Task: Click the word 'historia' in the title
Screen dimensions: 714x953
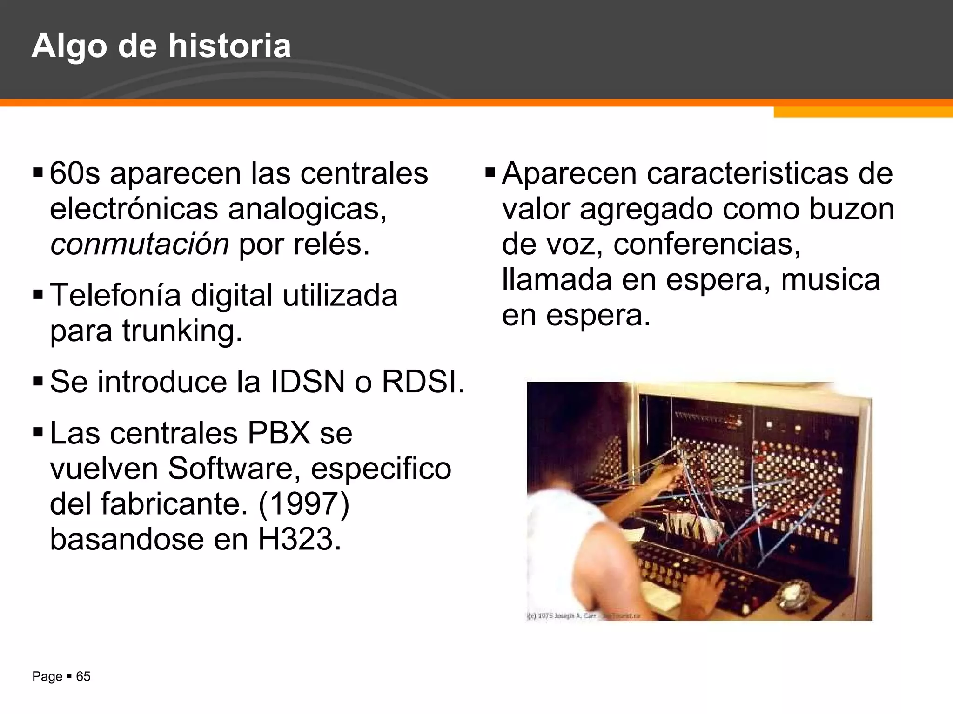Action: pyautogui.click(x=229, y=46)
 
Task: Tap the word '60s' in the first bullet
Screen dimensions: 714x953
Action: pyautogui.click(x=74, y=173)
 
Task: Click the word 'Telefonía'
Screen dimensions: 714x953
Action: pyautogui.click(x=115, y=296)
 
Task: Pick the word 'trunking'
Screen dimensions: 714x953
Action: pyautogui.click(x=181, y=331)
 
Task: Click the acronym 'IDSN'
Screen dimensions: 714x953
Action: pyautogui.click(x=308, y=382)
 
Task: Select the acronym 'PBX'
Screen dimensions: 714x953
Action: pyautogui.click(x=279, y=434)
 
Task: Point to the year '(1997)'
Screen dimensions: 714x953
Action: pyautogui.click(x=304, y=504)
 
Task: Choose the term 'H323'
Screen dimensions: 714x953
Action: pyautogui.click(x=300, y=540)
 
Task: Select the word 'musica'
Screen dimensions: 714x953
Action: pyautogui.click(x=830, y=280)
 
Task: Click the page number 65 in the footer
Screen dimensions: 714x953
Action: pyautogui.click(x=83, y=677)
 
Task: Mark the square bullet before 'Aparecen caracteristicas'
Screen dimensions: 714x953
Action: pyautogui.click(x=490, y=173)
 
